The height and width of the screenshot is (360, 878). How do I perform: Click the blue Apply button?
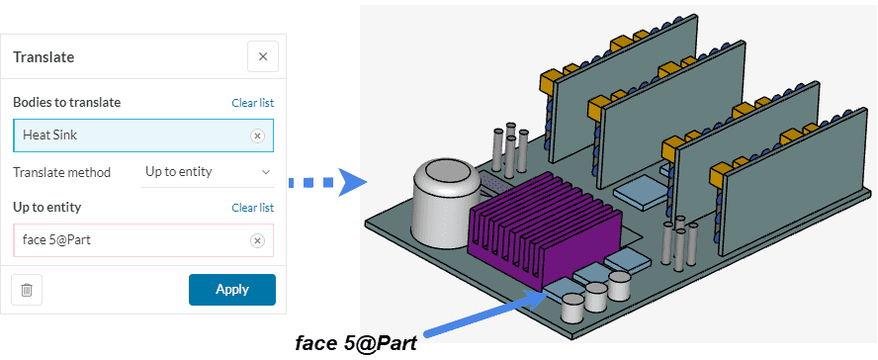231,290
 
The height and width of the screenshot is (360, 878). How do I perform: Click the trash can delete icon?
27,290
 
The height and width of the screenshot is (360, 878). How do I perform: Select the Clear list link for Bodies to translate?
252,103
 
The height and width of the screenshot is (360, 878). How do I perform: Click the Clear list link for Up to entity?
252,208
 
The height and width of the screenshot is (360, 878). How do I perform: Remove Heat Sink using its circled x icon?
257,135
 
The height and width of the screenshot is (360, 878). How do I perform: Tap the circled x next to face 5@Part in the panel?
257,240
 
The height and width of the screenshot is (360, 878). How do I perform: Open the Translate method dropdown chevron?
266,172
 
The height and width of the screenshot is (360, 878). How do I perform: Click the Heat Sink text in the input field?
49,135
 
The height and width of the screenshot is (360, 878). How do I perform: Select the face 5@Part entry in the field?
56,240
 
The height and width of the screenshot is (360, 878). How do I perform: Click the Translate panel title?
44,57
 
